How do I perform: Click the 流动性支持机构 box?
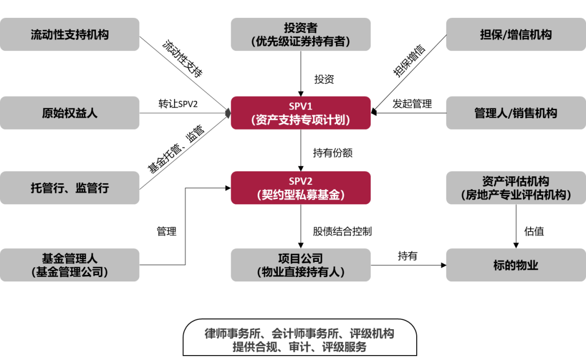coord(69,34)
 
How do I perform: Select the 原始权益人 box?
coord(69,113)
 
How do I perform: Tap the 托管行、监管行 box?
coord(69,188)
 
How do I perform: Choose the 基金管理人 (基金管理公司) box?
coord(69,265)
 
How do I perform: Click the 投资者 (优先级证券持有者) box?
coord(301,34)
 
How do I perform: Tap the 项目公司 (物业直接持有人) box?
coord(301,265)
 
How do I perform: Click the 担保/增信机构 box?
coord(515,34)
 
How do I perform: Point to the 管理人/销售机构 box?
coord(515,113)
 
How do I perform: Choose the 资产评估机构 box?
coord(515,188)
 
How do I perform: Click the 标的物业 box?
coord(515,265)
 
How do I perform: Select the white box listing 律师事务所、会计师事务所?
coord(300,339)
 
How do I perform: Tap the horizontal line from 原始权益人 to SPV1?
coord(182,113)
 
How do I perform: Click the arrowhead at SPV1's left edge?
coord(228,112)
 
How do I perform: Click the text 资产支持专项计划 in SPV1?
coord(301,120)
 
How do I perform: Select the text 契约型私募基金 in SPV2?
coord(301,195)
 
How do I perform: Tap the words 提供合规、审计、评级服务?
coord(300,347)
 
